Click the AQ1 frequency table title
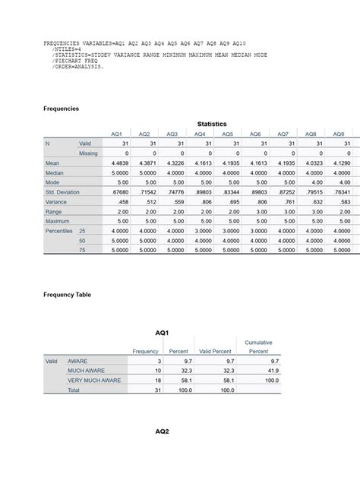pyautogui.click(x=161, y=333)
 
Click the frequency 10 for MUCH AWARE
pyautogui.click(x=152, y=370)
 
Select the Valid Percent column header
pyautogui.click(x=214, y=352)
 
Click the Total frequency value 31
pyautogui.click(x=152, y=390)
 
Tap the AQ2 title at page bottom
pyautogui.click(x=161, y=431)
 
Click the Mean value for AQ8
pyautogui.click(x=309, y=163)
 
